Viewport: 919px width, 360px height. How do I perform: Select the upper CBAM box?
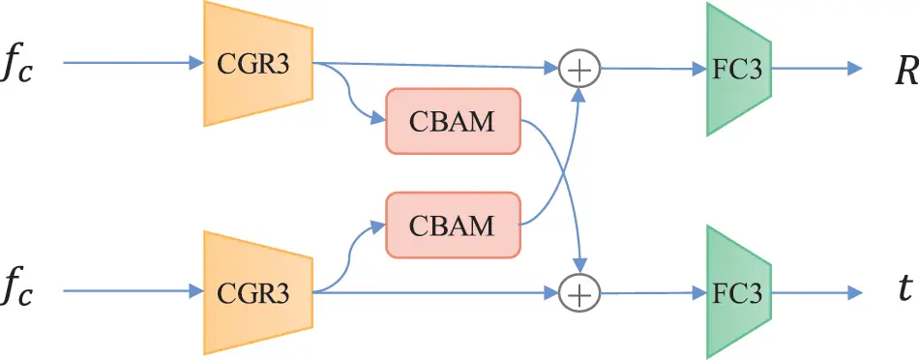pos(454,121)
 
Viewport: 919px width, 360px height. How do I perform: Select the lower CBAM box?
pos(454,225)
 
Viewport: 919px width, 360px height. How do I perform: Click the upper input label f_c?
pos(20,67)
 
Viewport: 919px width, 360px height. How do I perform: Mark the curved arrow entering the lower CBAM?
pos(353,247)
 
